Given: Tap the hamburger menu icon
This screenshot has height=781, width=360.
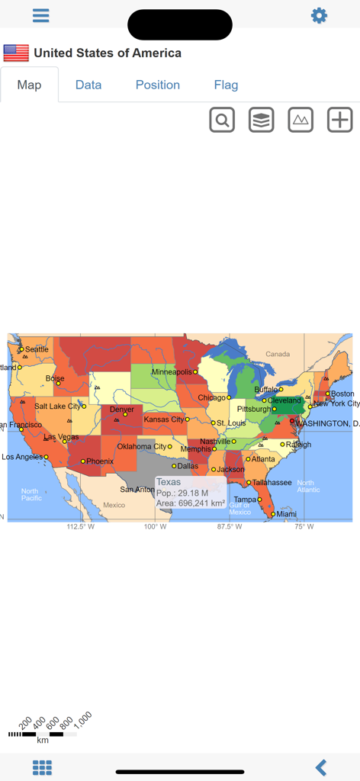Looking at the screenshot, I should click(x=41, y=16).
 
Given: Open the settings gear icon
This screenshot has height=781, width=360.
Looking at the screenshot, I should click(x=319, y=16).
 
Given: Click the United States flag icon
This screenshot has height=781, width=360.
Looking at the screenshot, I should click(x=16, y=53).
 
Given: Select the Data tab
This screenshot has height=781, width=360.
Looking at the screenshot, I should click(x=88, y=85).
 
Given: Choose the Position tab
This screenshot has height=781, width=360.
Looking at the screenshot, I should click(x=158, y=85).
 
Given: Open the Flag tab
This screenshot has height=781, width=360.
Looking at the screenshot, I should click(x=226, y=85).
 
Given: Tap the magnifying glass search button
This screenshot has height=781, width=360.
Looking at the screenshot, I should click(x=222, y=120).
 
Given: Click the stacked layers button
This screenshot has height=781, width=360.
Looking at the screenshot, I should click(x=262, y=120).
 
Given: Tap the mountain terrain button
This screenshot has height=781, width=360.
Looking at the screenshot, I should click(x=301, y=120).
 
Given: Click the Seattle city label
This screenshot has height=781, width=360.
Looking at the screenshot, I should click(x=37, y=349).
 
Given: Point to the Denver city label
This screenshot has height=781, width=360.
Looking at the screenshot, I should click(x=122, y=410).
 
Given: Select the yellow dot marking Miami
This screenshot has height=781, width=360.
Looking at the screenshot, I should click(x=273, y=514).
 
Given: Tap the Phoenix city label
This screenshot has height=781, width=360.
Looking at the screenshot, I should click(x=100, y=461).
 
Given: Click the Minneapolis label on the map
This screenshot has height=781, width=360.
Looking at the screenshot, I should click(x=172, y=372).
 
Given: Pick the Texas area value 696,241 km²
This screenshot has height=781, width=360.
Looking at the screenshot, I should click(x=201, y=503).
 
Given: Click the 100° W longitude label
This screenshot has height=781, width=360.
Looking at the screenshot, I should click(x=155, y=526).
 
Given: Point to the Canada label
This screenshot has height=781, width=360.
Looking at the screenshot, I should click(x=278, y=354).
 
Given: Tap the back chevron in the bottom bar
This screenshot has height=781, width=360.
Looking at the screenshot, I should click(x=321, y=767).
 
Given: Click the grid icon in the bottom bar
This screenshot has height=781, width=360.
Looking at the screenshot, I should click(x=42, y=767).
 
